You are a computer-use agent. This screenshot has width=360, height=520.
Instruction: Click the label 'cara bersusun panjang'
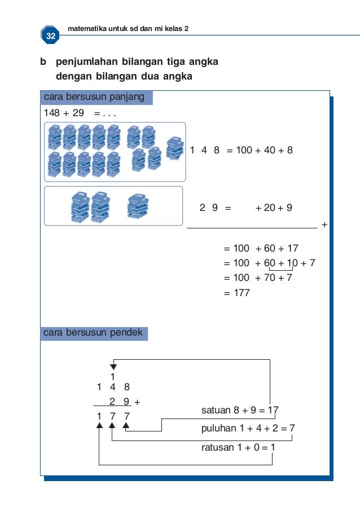(94, 97)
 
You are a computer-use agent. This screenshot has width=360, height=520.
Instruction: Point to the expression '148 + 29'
(64, 113)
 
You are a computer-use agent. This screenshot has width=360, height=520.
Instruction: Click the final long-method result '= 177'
(236, 293)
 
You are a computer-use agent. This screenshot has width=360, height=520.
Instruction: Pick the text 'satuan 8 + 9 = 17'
(240, 411)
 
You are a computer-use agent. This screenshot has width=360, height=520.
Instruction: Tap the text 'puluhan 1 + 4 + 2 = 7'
(248, 429)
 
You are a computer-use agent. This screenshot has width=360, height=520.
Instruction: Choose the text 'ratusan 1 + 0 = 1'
(238, 447)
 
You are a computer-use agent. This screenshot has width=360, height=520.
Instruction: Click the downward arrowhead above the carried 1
(113, 367)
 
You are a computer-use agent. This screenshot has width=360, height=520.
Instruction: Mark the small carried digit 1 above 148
(113, 376)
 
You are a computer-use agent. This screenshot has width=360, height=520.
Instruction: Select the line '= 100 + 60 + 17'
(261, 248)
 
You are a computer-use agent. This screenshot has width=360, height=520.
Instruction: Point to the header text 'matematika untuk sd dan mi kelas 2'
(128, 28)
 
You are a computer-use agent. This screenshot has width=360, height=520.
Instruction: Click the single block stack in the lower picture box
(138, 206)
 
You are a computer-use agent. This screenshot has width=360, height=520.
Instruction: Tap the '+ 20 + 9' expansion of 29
(274, 208)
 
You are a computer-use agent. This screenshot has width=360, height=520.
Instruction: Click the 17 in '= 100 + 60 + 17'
(292, 248)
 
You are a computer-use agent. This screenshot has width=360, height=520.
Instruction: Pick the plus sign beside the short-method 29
(138, 403)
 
